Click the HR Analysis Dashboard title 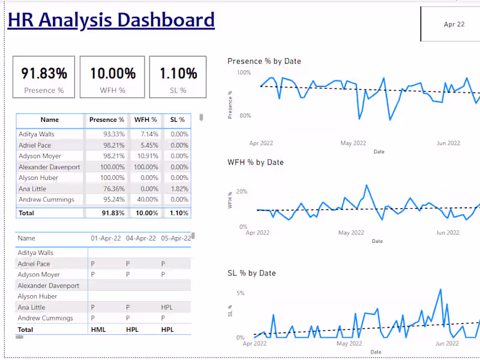(x=111, y=20)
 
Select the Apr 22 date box (x=454, y=25)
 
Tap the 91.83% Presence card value (x=44, y=74)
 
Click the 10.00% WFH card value (x=113, y=74)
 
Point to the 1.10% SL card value (x=178, y=74)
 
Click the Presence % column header (x=107, y=120)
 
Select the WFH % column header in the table (x=146, y=120)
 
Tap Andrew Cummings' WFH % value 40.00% (x=146, y=199)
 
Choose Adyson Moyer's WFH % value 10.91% (x=146, y=156)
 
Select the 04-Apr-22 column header (x=141, y=238)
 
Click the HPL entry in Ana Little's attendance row (x=167, y=307)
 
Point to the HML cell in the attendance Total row (x=98, y=329)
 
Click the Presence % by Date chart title (x=264, y=61)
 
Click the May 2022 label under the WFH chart (x=351, y=233)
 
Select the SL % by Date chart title (x=251, y=273)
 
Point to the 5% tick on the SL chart (x=241, y=293)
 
